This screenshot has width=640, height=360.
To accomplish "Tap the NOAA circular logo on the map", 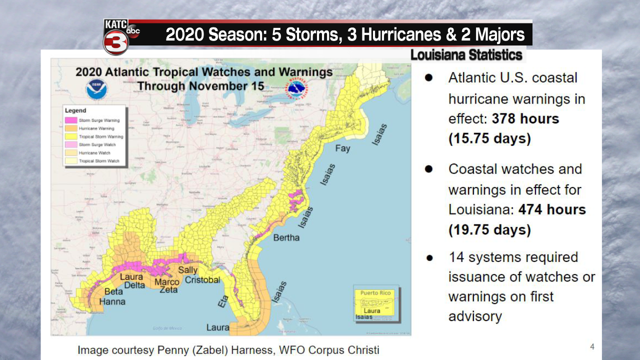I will point(96,90).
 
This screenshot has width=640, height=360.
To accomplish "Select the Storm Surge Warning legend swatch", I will point(71,120).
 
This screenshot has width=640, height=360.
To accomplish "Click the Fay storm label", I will point(342,148).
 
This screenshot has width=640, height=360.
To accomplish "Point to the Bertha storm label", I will point(286,237).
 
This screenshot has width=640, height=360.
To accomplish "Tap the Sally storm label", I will point(188,270).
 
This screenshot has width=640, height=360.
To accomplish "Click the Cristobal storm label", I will point(202,280).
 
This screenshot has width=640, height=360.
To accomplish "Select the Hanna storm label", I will point(112,301).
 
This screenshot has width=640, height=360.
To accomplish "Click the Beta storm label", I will point(113,292).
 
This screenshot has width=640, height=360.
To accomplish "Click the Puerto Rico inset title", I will point(375,293).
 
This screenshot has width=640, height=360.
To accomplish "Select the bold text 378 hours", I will point(525,119).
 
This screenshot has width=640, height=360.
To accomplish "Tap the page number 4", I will point(592,347).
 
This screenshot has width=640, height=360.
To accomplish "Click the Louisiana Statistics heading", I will point(466,55).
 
